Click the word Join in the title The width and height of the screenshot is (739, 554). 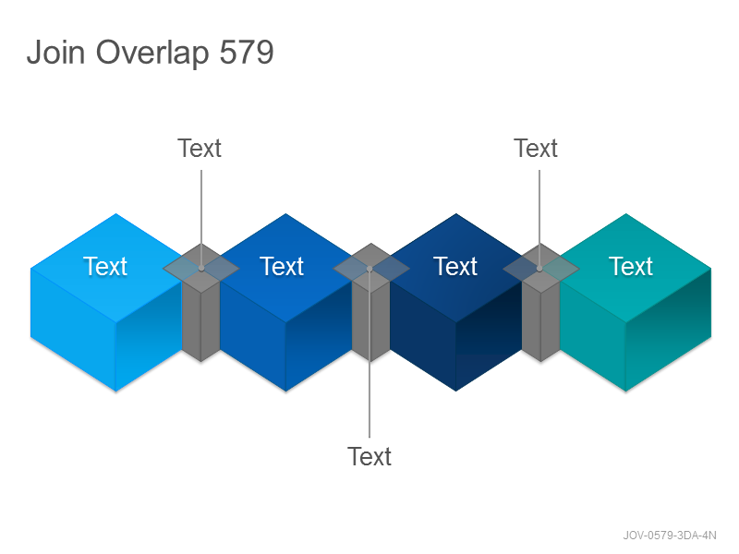pyautogui.click(x=55, y=52)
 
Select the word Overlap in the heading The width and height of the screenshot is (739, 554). pyautogui.click(x=152, y=54)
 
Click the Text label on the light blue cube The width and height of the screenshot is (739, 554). pyautogui.click(x=105, y=266)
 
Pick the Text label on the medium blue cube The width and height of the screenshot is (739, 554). pyautogui.click(x=282, y=266)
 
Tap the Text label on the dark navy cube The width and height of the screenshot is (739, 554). pyautogui.click(x=455, y=266)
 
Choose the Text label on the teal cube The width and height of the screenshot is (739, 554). pyautogui.click(x=631, y=266)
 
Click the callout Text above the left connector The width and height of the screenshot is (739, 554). pyautogui.click(x=200, y=149)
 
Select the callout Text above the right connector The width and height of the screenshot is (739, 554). pyautogui.click(x=536, y=149)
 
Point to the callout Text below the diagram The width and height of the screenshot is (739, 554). pyautogui.click(x=369, y=456)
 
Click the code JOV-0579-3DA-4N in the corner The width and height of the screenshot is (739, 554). pyautogui.click(x=670, y=536)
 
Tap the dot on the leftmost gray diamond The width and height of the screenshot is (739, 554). pyautogui.click(x=201, y=268)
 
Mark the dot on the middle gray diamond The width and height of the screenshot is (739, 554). pyautogui.click(x=370, y=269)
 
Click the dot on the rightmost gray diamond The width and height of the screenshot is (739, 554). pyautogui.click(x=539, y=269)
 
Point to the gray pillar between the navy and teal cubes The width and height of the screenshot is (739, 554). pyautogui.click(x=541, y=320)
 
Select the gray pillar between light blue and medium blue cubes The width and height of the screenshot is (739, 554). pyautogui.click(x=200, y=320)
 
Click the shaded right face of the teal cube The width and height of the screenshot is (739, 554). pyautogui.click(x=668, y=330)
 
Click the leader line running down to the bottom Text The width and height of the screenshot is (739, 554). pyautogui.click(x=369, y=354)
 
